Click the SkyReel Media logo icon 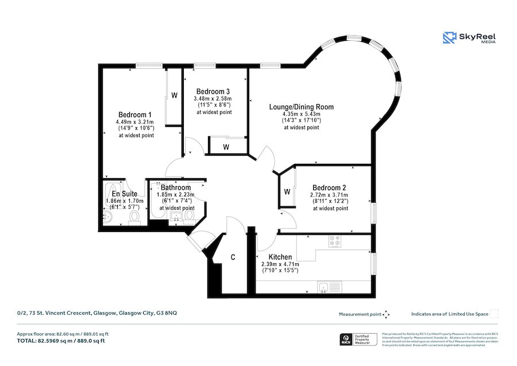pos(449,38)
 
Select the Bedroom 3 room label pos(213,91)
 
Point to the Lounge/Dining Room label pos(301,107)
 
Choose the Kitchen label pos(280,257)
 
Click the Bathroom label pos(176,187)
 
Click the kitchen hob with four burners pos(334,242)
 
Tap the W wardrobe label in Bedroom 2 pos(286,191)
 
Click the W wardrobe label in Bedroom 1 pos(173,95)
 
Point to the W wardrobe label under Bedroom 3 pos(226,147)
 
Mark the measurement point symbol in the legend pos(386,314)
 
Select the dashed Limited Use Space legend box pos(494,314)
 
